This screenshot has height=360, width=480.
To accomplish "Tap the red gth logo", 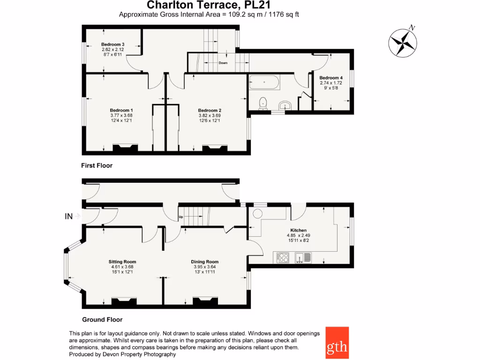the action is point(337,342).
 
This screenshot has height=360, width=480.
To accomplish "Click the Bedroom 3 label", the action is point(112,45).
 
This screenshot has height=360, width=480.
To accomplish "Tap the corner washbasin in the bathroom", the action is point(285,105).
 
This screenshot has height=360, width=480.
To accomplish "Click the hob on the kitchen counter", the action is point(283,257).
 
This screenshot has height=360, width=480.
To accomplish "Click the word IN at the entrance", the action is point(68,217).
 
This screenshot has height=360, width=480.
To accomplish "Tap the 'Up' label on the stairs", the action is point(181,217).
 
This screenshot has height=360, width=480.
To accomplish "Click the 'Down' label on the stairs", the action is point(223,63).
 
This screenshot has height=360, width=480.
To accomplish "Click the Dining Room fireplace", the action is point(205,301).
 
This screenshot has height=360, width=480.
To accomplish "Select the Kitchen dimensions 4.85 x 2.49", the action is point(299,235).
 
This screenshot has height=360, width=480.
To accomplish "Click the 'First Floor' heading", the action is point(97,165).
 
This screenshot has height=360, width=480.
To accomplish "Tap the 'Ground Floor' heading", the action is point(102,320).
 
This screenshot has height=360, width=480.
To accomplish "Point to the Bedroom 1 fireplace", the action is point(126,149).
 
